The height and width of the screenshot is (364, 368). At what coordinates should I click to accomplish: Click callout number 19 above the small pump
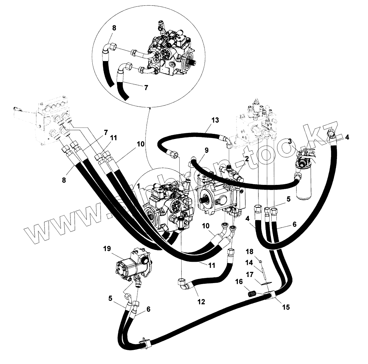point(107,249)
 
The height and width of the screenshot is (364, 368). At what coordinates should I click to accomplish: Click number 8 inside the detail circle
point(114,28)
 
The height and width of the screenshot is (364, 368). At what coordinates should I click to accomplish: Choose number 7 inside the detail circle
point(146,87)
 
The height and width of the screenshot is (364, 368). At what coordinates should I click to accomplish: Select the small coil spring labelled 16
point(253,295)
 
